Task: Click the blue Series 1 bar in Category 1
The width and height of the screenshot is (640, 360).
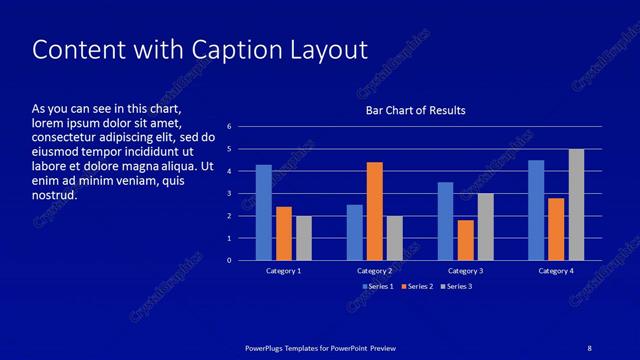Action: (x=263, y=213)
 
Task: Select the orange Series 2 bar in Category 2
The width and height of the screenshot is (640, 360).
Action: (x=374, y=211)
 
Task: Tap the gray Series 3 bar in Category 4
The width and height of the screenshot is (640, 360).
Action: (x=576, y=205)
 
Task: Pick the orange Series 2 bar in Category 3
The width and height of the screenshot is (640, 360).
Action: (x=465, y=240)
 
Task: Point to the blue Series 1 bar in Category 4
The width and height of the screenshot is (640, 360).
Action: (x=536, y=210)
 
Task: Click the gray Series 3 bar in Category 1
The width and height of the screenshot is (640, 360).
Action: (x=303, y=238)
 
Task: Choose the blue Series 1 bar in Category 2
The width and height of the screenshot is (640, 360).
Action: (x=354, y=232)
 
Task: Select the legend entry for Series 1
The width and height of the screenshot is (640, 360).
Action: (x=378, y=287)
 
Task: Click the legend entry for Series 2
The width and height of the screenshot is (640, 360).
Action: (x=417, y=287)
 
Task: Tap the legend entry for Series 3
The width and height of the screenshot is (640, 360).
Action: (x=456, y=287)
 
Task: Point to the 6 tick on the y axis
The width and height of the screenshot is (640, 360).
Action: (x=229, y=127)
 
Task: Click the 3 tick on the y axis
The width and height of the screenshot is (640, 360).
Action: (x=229, y=194)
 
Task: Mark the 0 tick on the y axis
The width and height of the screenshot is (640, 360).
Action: (x=229, y=261)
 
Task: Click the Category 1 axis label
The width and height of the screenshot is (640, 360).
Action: (x=283, y=271)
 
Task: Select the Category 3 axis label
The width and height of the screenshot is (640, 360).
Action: (x=465, y=271)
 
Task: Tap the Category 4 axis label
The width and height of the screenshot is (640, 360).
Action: (x=556, y=271)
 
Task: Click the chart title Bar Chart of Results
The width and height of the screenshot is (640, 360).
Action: (x=415, y=110)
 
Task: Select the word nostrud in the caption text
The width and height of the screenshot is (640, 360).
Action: (x=54, y=195)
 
